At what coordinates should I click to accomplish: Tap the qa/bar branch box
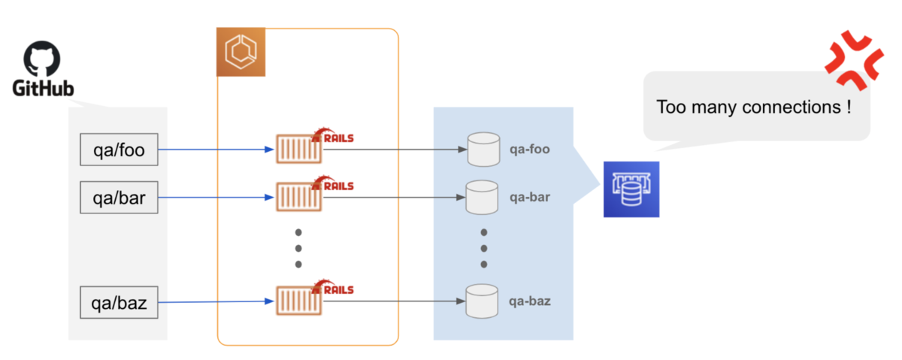119,198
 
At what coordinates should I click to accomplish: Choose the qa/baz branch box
119,304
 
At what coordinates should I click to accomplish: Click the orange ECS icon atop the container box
241,52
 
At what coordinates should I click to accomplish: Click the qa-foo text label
530,149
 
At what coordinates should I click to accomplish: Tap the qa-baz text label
530,301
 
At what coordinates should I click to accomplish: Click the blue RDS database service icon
631,189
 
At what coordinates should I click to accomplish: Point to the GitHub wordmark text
43,89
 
